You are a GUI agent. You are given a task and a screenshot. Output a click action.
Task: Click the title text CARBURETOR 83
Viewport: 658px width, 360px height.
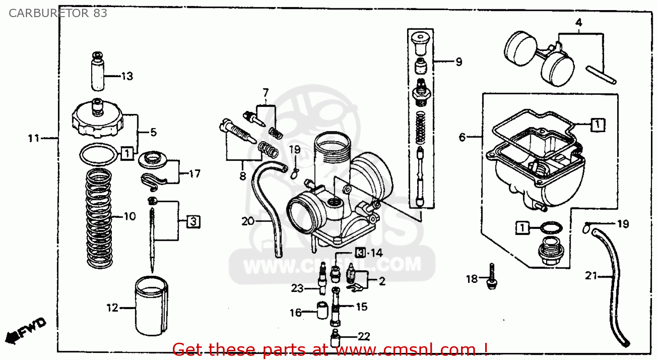pos(57,13)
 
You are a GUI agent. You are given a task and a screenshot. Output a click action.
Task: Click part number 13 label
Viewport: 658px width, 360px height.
pos(127,76)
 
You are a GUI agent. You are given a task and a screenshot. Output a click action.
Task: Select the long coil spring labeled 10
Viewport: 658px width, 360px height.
pos(98,218)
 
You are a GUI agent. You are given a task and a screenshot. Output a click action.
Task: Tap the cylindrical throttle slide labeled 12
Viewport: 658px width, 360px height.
pos(151,306)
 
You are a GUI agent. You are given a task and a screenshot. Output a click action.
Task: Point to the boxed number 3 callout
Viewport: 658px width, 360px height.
pos(193,221)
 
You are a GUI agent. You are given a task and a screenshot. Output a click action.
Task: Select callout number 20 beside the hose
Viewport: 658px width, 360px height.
pos(248,221)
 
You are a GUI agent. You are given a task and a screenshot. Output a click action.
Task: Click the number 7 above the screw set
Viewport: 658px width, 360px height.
pos(265,93)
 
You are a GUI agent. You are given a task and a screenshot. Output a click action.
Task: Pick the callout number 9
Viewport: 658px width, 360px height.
pos(458,62)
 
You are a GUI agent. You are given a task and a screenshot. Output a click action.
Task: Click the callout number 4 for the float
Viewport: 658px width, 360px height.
pos(579,22)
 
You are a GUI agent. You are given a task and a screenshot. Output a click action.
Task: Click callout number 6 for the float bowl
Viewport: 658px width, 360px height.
pos(462,137)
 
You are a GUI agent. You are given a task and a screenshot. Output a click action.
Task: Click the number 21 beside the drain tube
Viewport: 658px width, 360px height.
pos(591,276)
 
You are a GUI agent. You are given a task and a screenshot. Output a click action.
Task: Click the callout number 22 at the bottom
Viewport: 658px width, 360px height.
pos(364,336)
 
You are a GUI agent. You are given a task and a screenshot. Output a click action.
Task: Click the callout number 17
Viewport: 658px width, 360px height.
pos(194,174)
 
